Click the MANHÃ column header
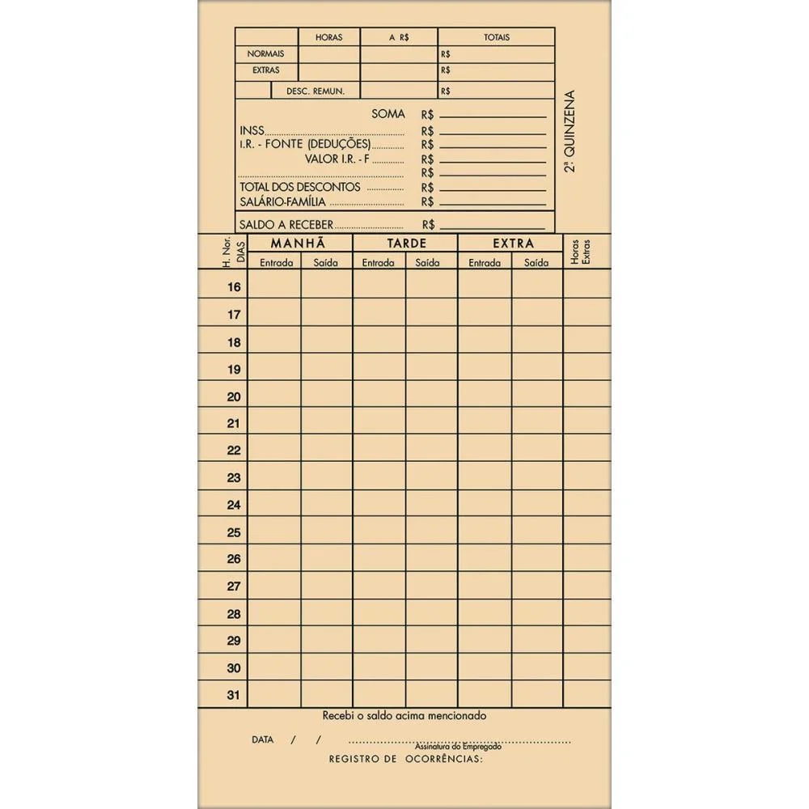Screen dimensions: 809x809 point(299,243)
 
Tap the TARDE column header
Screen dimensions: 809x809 point(405,243)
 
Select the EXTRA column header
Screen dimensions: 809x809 point(513,243)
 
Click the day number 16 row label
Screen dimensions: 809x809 point(234,287)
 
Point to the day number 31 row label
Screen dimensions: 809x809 point(234,696)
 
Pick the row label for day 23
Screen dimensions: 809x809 point(234,478)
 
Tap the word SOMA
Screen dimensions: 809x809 point(388,114)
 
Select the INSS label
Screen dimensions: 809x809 point(252,131)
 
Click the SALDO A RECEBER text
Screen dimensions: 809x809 point(286,225)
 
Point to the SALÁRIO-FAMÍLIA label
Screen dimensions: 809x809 point(282,201)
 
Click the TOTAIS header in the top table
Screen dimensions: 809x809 point(496,37)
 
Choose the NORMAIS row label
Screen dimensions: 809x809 point(265,53)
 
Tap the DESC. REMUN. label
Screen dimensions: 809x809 point(316,91)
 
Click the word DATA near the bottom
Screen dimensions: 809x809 point(262,739)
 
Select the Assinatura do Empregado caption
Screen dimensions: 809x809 point(458,747)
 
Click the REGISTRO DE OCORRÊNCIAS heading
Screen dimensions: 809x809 point(405,759)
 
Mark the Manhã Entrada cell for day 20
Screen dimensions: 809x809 point(274,396)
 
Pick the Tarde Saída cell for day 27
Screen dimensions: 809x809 point(431,587)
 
